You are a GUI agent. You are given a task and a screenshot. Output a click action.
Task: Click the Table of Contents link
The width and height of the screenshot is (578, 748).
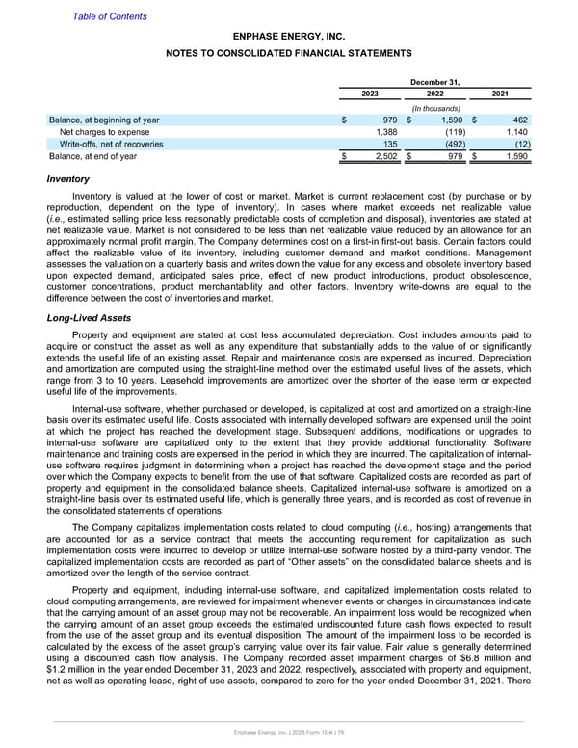pyautogui.click(x=110, y=16)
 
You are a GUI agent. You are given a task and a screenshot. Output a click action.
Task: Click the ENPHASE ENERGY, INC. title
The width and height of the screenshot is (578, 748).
pyautogui.click(x=289, y=36)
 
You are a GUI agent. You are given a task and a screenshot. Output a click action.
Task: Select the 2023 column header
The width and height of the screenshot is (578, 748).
pyautogui.click(x=369, y=93)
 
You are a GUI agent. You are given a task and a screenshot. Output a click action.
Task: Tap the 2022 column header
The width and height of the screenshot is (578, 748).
pyautogui.click(x=434, y=93)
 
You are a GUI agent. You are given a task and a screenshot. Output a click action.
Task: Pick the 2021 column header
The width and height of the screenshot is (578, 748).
pyautogui.click(x=499, y=93)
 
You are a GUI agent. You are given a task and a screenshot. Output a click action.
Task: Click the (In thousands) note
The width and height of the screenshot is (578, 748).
pyautogui.click(x=434, y=107)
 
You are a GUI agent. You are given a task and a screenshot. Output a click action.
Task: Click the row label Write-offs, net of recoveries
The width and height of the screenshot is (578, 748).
pyautogui.click(x=111, y=145)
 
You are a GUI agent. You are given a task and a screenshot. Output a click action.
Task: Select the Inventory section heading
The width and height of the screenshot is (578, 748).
pyautogui.click(x=68, y=179)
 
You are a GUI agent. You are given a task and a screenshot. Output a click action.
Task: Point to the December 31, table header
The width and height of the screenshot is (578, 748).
pyautogui.click(x=434, y=81)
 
